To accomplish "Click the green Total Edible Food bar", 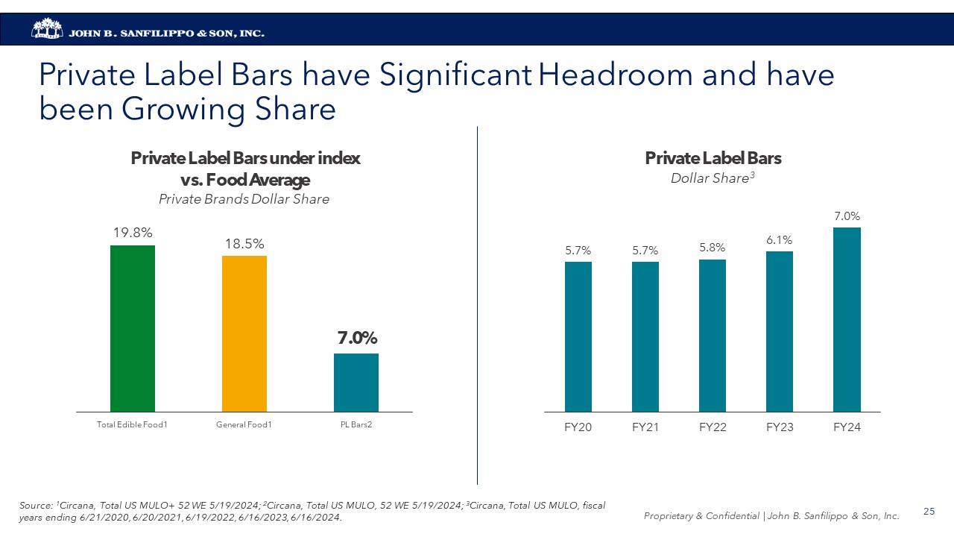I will tap(133, 328).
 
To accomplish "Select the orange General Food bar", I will tap(244, 333).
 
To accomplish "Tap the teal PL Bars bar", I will tap(356, 382).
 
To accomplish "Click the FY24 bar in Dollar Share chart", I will tap(847, 319).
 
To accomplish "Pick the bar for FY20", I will tap(578, 336).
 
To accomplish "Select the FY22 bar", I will tap(713, 336).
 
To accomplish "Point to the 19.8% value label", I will tap(133, 233).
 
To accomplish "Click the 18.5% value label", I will tap(244, 244).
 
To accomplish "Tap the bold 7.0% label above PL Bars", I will tap(357, 338).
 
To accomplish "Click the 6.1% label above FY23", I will tap(780, 239).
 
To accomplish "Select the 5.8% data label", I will tap(713, 247).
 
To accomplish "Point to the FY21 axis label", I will tap(645, 427).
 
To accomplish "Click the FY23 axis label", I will tap(780, 427).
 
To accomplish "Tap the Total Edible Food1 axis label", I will tap(132, 425).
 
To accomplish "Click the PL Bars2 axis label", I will tap(356, 425).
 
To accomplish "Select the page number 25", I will tap(929, 511).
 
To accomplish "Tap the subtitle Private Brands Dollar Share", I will tap(244, 199).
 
